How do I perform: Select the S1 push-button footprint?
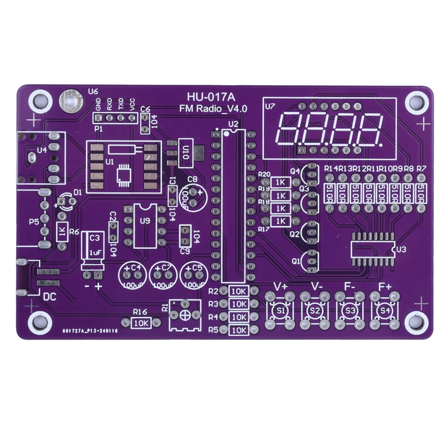(x=281, y=310)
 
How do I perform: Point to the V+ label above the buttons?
(x=280, y=287)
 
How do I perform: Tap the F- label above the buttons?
(x=350, y=287)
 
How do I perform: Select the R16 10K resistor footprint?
(x=141, y=322)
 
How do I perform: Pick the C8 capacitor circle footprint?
(x=193, y=197)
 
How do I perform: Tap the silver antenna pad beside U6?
(x=70, y=101)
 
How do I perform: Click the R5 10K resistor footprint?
(x=239, y=330)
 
